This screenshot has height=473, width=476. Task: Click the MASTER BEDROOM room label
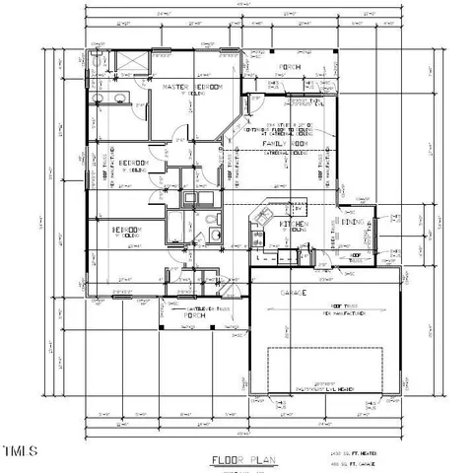tap(192, 88)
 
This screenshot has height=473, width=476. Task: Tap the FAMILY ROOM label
tap(286, 144)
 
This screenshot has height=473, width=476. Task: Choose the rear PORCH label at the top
tap(290, 67)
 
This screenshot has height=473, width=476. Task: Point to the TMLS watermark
tap(20, 452)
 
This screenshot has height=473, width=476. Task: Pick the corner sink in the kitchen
tap(261, 216)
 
